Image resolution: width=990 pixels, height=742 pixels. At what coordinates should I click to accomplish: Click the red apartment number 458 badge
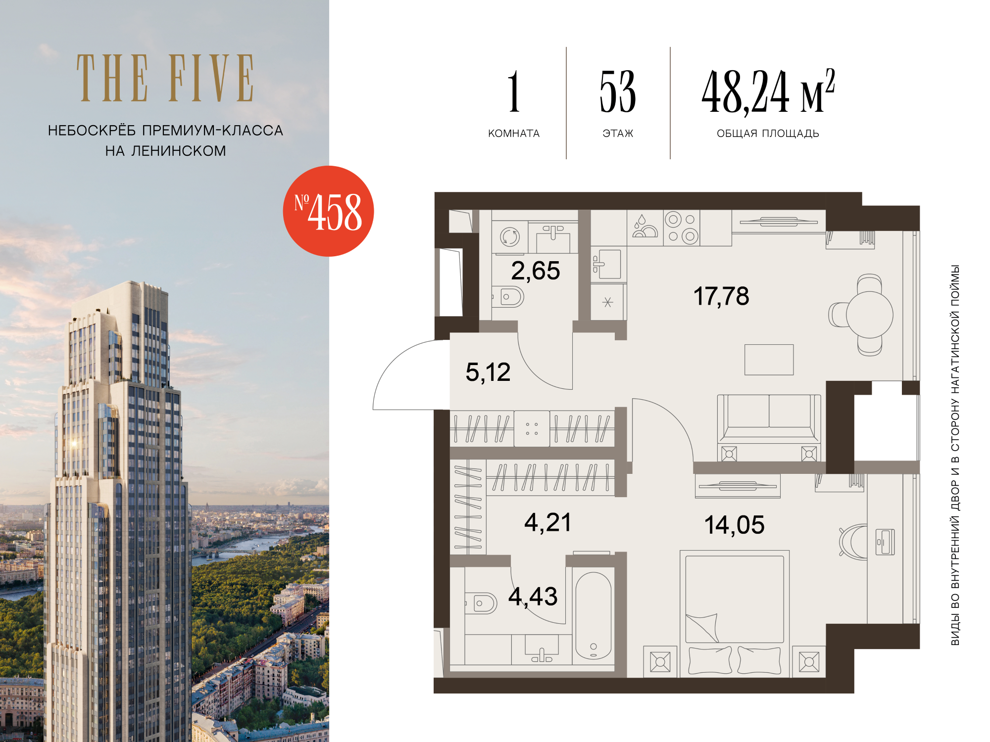click(328, 211)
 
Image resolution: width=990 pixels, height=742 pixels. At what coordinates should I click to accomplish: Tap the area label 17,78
click(721, 296)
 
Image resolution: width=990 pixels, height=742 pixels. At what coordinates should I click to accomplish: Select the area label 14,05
click(735, 525)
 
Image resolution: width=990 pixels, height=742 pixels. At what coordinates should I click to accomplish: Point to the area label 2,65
click(536, 271)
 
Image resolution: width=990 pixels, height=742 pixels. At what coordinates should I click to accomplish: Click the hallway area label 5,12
click(488, 372)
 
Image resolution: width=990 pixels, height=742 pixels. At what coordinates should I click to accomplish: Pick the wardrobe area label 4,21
click(548, 522)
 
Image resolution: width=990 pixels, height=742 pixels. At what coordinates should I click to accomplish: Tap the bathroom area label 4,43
click(533, 597)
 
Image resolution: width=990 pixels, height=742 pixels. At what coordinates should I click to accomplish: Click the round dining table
click(869, 315)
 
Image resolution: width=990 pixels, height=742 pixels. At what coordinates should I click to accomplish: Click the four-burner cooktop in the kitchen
click(682, 228)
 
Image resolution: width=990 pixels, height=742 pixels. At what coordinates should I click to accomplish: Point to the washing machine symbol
click(510, 237)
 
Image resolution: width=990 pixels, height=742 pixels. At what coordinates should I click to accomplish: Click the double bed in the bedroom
click(735, 613)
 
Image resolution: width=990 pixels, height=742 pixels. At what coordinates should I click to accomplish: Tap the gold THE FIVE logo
click(165, 78)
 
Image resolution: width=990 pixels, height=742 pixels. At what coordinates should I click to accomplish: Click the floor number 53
click(618, 92)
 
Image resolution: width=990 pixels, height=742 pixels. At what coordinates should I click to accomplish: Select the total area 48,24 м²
click(768, 92)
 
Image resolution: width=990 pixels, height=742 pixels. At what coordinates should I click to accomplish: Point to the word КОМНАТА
click(514, 134)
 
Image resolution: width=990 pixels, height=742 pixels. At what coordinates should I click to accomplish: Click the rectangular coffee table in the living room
click(769, 360)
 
